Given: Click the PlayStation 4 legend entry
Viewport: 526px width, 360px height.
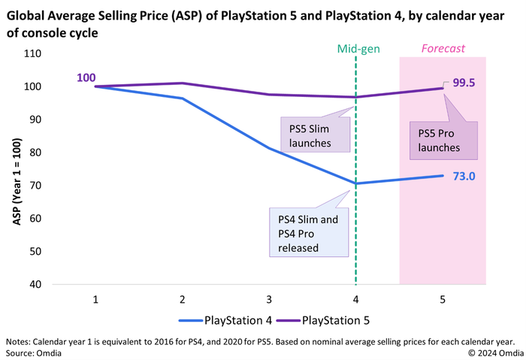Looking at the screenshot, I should point(226,320).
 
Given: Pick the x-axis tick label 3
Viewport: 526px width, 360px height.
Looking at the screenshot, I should point(269,299).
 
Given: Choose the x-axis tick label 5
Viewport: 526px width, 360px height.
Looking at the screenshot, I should point(442,299).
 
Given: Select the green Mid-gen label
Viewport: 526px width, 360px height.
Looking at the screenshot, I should point(358,49).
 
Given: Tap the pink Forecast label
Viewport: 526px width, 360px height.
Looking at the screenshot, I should point(443,49).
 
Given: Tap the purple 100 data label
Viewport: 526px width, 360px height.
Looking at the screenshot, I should point(85,77).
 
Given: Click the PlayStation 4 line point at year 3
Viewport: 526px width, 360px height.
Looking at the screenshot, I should point(269,148).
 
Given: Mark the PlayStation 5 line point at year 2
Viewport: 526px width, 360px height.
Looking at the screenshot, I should point(183,83).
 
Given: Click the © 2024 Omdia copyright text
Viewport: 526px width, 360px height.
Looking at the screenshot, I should point(493,352).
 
